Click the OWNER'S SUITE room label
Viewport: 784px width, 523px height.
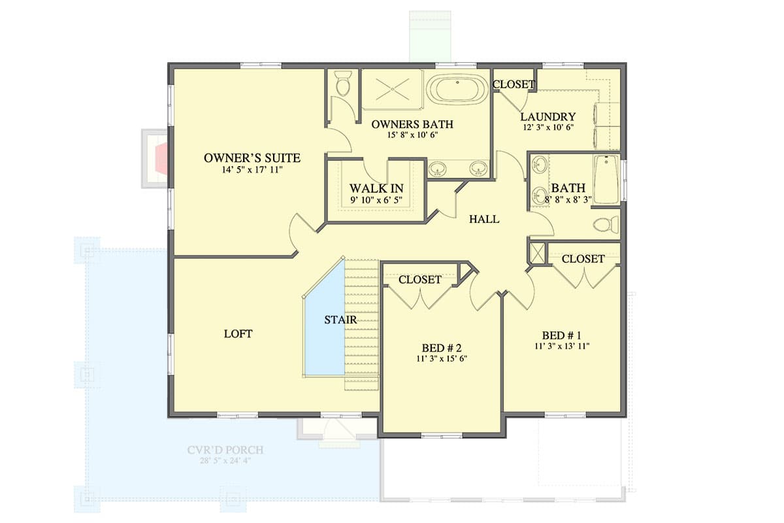click(x=252, y=158)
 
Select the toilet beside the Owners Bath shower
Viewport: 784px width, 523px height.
click(x=343, y=84)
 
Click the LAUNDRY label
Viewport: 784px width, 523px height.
click(x=547, y=117)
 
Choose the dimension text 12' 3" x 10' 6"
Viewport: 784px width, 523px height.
click(x=547, y=128)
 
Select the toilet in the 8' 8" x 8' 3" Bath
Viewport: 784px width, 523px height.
click(x=606, y=225)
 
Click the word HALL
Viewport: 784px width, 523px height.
click(x=484, y=220)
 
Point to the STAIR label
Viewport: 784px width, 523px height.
click(x=340, y=320)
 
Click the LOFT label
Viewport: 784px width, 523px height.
click(x=238, y=333)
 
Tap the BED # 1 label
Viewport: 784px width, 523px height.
click(x=562, y=335)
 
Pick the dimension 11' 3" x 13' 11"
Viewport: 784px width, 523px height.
click(x=562, y=346)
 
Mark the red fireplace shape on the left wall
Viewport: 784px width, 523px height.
click(x=160, y=159)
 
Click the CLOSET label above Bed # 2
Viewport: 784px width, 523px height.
click(x=420, y=279)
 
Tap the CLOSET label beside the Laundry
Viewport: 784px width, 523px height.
click(x=514, y=84)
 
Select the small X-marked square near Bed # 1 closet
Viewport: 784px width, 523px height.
click(x=536, y=253)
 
